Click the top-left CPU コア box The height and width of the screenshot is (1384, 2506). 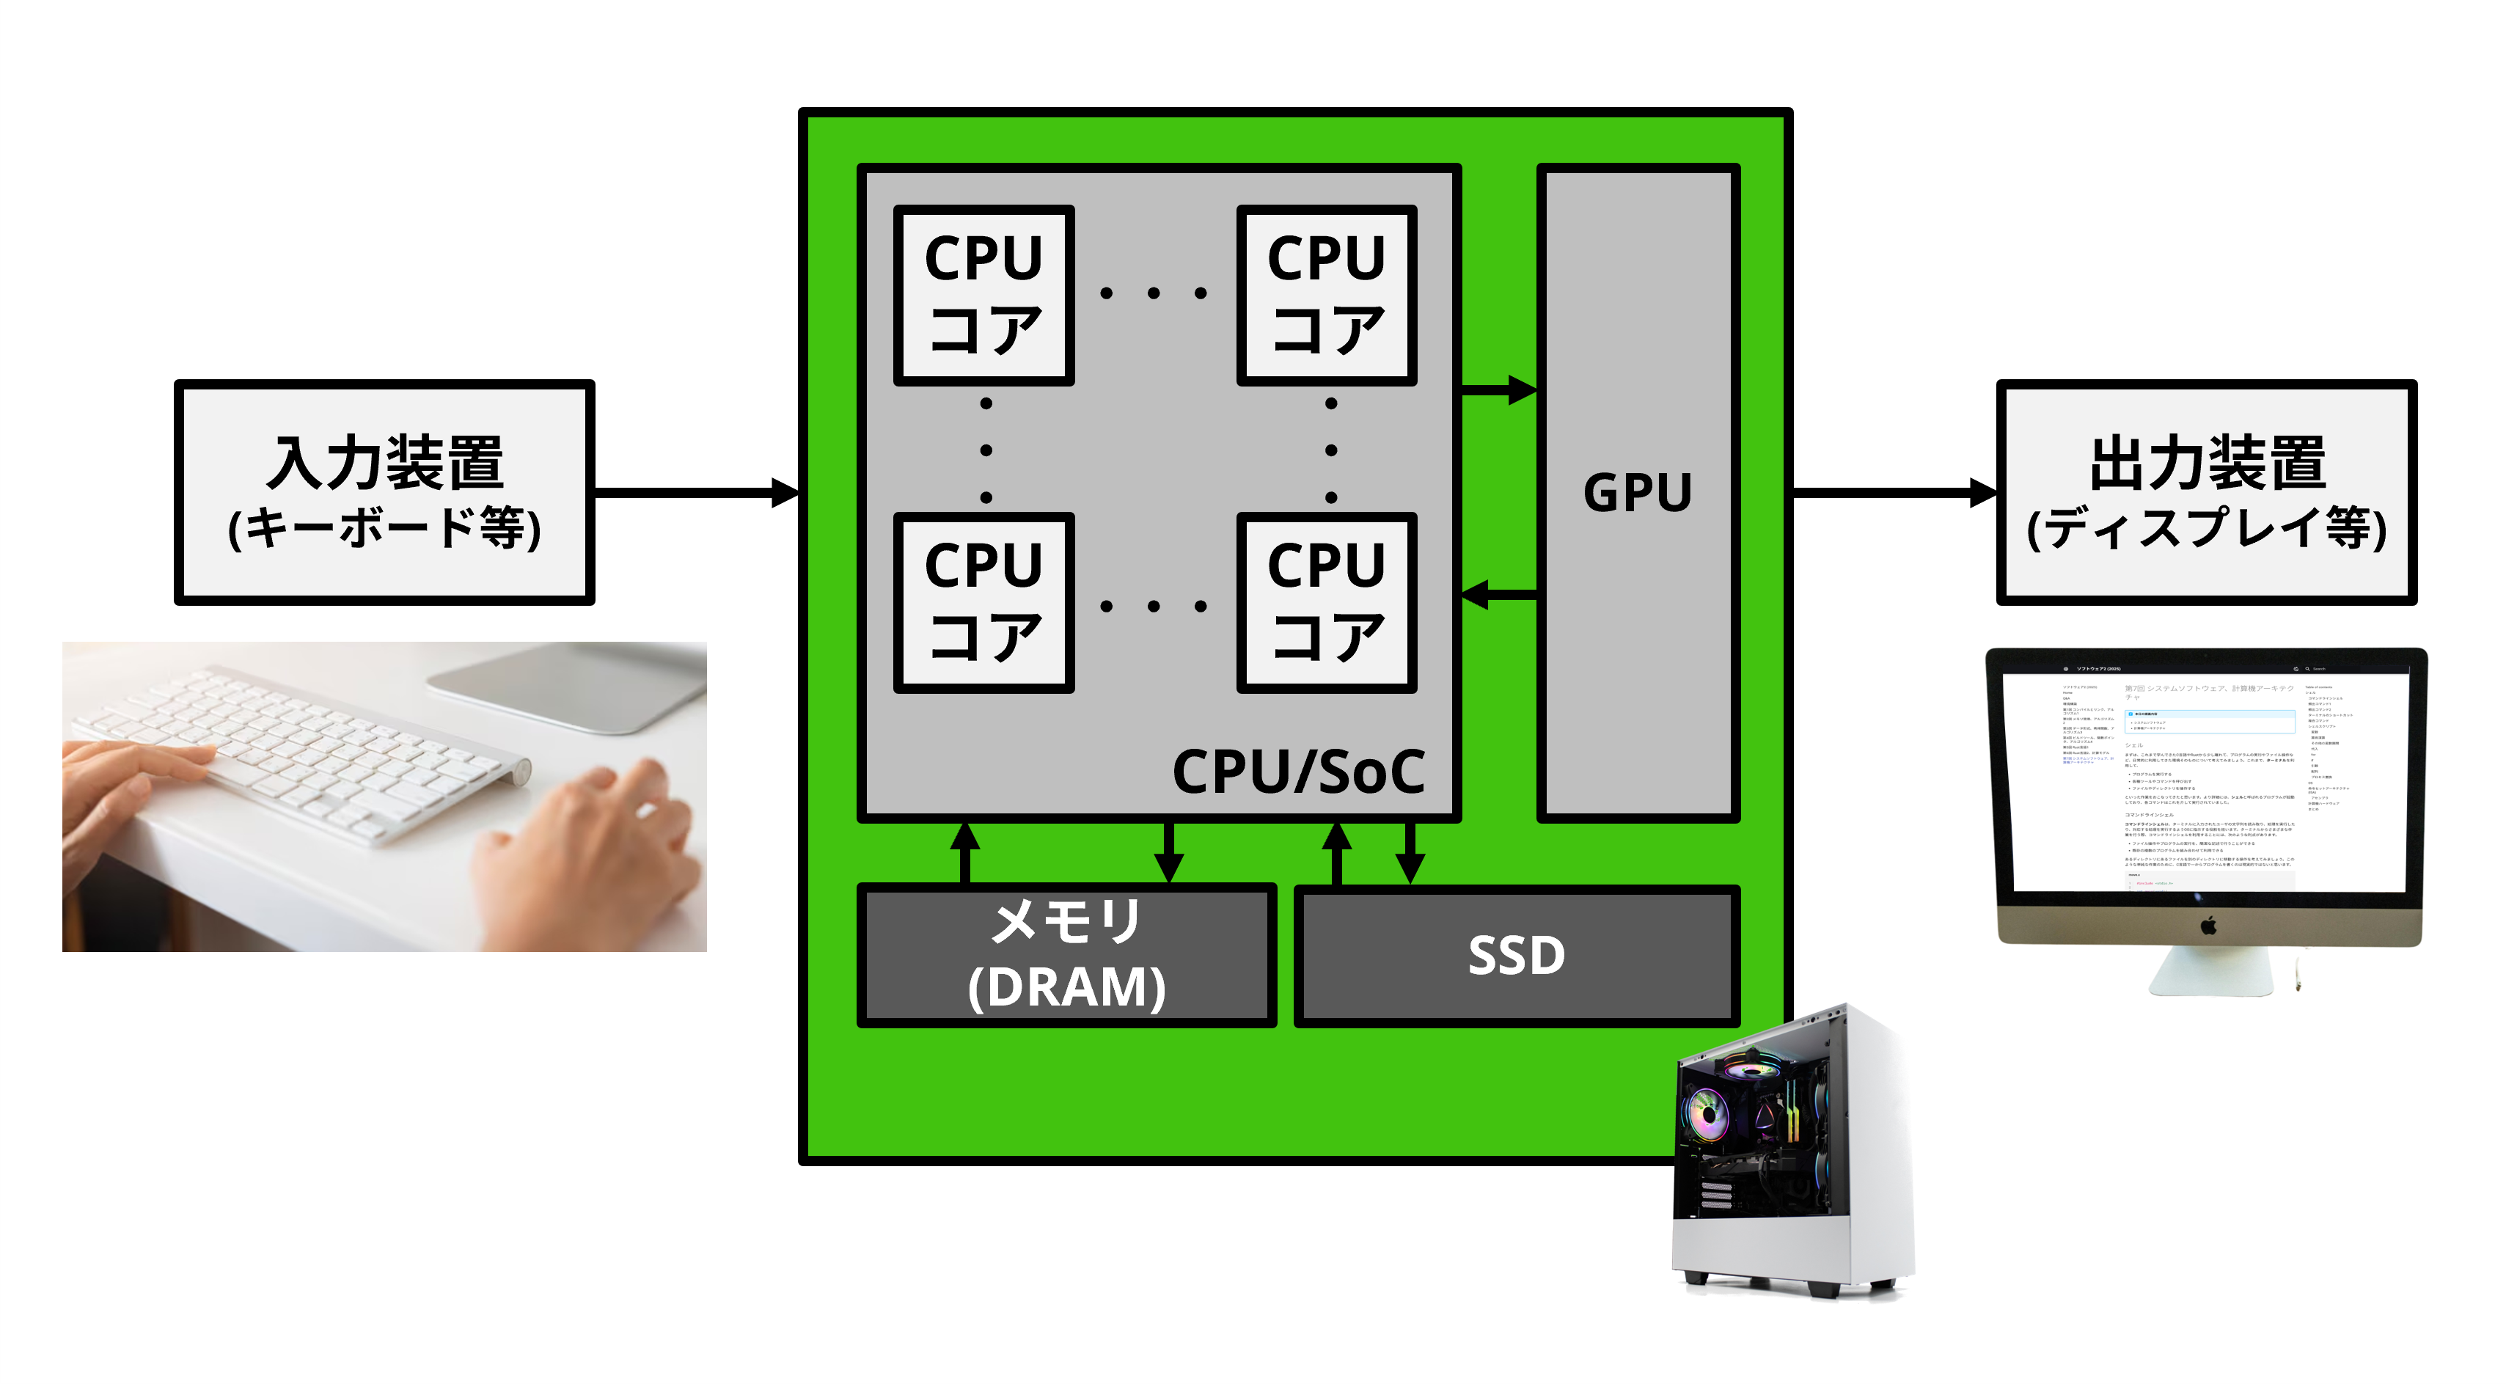pos(983,295)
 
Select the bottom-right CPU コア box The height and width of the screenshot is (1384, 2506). pos(1326,602)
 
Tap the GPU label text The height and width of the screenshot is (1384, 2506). pos(1637,492)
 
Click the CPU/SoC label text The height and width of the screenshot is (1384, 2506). pos(1298,772)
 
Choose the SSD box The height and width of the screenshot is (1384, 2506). pos(1516,955)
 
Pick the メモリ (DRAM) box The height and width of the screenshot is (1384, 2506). pos(1066,955)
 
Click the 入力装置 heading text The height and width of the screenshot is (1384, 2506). pos(384,463)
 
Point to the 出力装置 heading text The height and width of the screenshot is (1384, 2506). pos(2206,463)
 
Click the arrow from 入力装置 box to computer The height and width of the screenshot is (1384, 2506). pos(695,492)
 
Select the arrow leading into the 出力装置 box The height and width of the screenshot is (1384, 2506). pos(1892,492)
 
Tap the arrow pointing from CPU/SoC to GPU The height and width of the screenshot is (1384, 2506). pos(1498,390)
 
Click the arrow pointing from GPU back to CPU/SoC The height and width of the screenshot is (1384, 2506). pos(1498,593)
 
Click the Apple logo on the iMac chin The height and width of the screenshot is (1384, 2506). pos(2208,925)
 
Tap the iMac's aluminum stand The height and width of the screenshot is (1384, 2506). pos(2210,973)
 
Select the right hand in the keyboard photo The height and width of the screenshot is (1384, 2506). pos(593,856)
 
